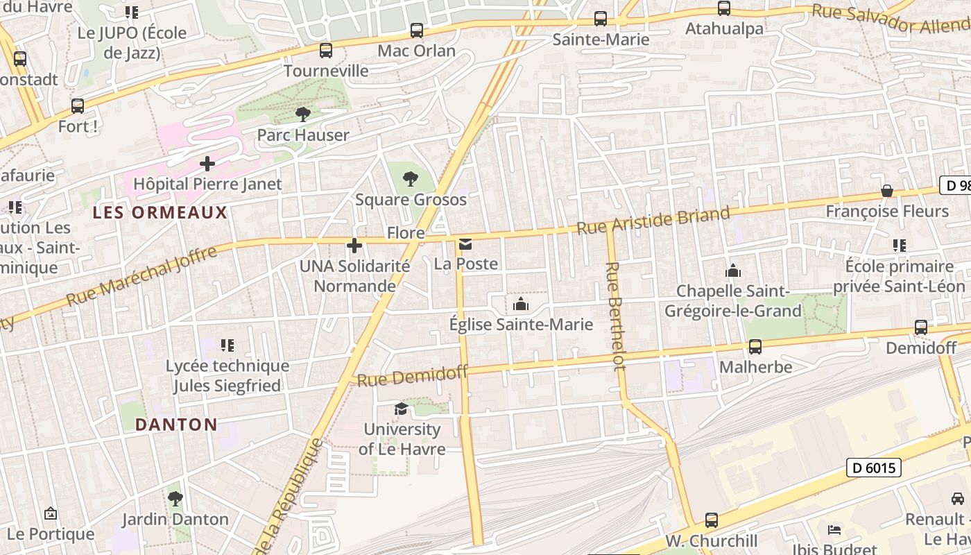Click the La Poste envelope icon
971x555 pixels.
(465, 244)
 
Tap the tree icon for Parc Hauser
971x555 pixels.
(302, 114)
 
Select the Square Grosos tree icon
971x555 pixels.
(411, 179)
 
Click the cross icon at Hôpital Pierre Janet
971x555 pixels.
(207, 164)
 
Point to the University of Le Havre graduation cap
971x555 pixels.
(401, 409)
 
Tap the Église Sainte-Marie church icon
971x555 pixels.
(520, 304)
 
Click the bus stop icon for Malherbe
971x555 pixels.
(755, 346)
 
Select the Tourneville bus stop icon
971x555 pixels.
(325, 50)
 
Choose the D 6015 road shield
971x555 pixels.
(873, 468)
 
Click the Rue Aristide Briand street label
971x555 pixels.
(653, 219)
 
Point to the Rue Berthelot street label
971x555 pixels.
(615, 316)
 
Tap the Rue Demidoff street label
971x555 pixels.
(413, 376)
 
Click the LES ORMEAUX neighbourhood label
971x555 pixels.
(160, 212)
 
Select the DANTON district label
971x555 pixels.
(176, 425)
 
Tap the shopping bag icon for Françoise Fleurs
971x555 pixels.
(886, 191)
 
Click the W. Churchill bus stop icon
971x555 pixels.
(711, 520)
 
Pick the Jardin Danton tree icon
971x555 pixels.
(175, 498)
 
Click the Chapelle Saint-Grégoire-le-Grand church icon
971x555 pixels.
(732, 271)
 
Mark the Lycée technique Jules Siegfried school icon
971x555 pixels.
(227, 345)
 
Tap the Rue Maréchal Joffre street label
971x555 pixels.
(141, 276)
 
